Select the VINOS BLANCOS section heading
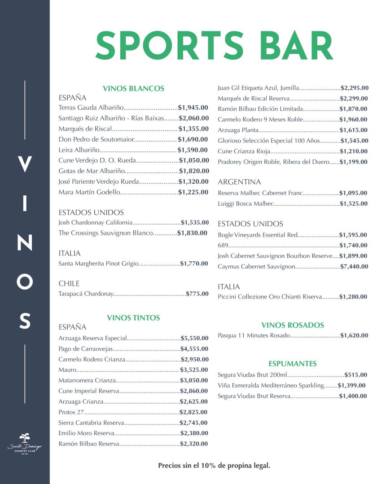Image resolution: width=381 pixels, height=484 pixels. coord(133,89)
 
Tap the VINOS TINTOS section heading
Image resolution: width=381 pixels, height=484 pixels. coord(133,318)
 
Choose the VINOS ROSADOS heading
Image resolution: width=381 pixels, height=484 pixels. coord(293,325)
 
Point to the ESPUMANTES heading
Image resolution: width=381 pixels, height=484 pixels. coord(293,363)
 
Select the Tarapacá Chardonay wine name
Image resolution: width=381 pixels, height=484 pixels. coord(86,294)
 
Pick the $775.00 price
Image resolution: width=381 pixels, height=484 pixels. coord(197,294)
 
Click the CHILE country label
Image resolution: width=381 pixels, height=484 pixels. coord(69,283)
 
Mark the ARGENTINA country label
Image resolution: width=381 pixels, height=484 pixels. coord(239,182)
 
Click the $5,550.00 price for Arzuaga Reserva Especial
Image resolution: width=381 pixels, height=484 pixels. coord(195,338)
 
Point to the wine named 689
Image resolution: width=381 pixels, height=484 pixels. coord(223,246)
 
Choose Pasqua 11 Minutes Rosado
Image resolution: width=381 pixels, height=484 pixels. coord(254,335)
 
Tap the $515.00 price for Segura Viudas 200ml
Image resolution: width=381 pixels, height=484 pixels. coord(355,375)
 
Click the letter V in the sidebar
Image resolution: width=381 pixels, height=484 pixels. coord(25,164)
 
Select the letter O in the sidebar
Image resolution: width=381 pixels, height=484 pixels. coord(25,281)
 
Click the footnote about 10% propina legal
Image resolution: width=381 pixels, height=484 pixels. coord(214,466)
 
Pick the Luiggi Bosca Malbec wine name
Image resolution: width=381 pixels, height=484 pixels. coord(245,203)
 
